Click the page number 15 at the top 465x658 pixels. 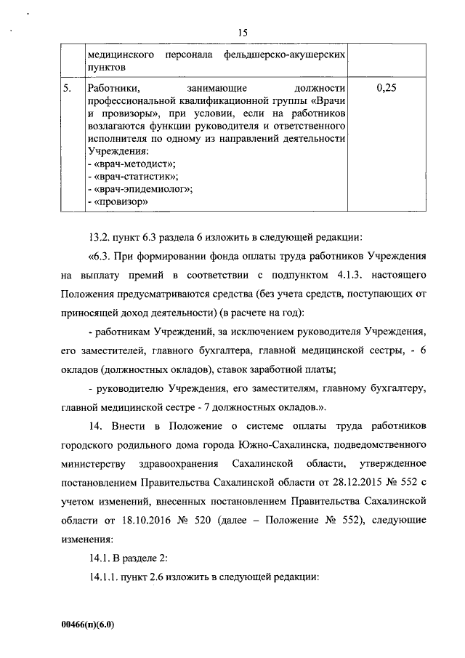(x=243, y=32)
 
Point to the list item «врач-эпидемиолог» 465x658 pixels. (x=139, y=190)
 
